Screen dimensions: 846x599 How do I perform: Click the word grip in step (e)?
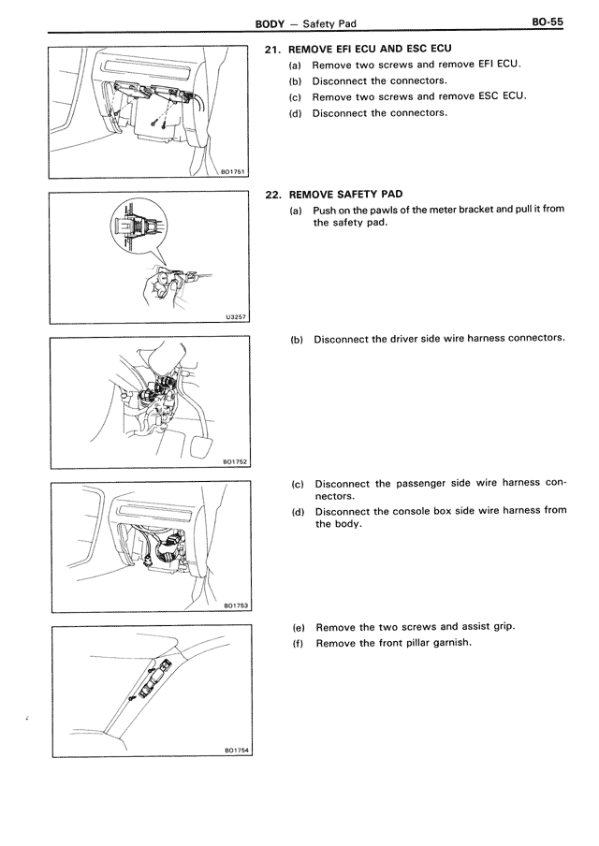point(503,627)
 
